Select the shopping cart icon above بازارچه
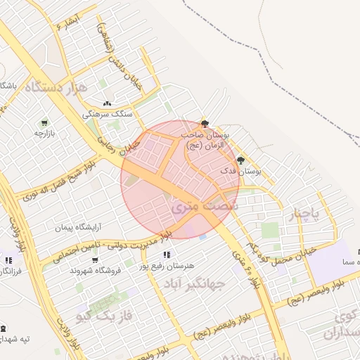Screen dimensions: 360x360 click(x=45, y=121)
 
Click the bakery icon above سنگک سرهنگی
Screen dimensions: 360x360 click(x=106, y=103)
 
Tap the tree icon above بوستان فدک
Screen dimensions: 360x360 click(x=240, y=160)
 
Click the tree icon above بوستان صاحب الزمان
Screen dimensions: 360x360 click(x=205, y=123)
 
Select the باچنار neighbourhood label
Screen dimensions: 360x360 click(x=306, y=212)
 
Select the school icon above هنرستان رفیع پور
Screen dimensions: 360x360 click(x=166, y=255)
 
